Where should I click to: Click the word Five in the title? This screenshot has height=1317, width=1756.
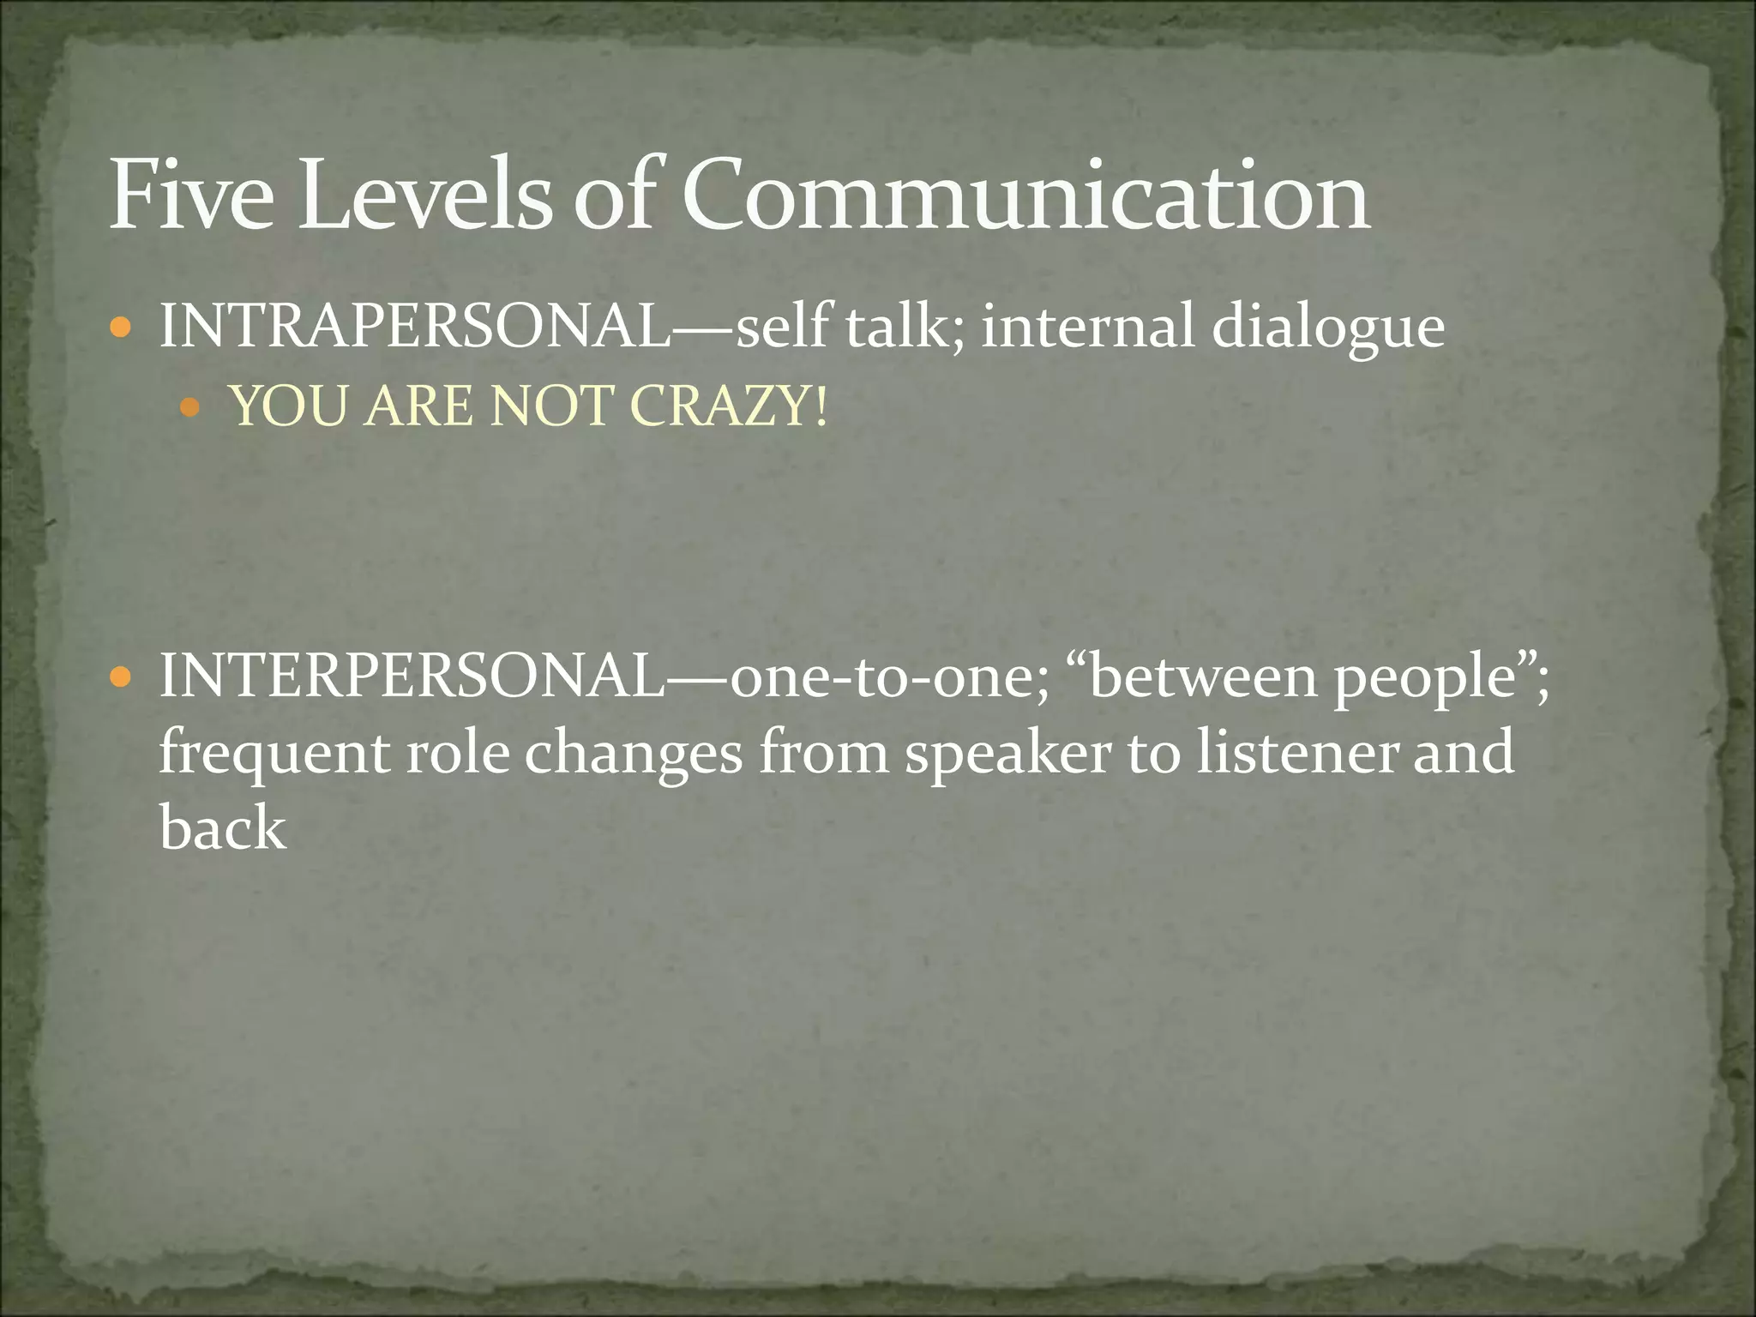(x=191, y=195)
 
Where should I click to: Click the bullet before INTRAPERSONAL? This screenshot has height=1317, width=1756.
(x=122, y=328)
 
